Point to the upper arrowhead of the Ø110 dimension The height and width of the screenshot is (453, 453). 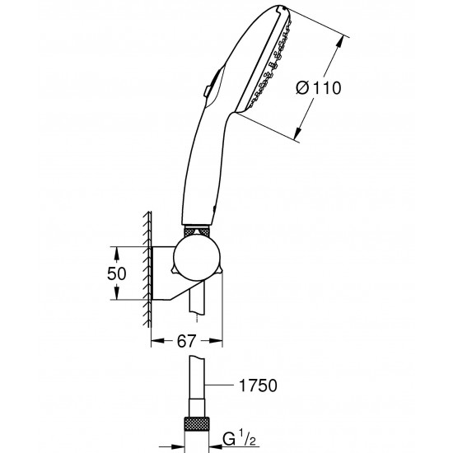click(343, 35)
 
